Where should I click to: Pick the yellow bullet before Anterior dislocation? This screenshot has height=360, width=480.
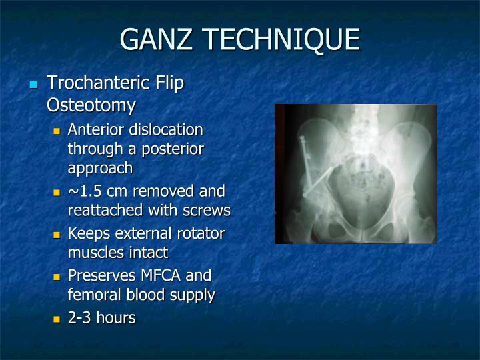57,131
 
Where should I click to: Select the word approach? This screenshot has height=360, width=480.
100,168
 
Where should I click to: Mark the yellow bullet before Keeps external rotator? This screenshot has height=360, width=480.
57,235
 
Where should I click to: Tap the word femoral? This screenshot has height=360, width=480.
94,295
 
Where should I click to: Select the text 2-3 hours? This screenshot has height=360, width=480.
101,318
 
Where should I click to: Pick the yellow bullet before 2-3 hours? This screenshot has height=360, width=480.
57,319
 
